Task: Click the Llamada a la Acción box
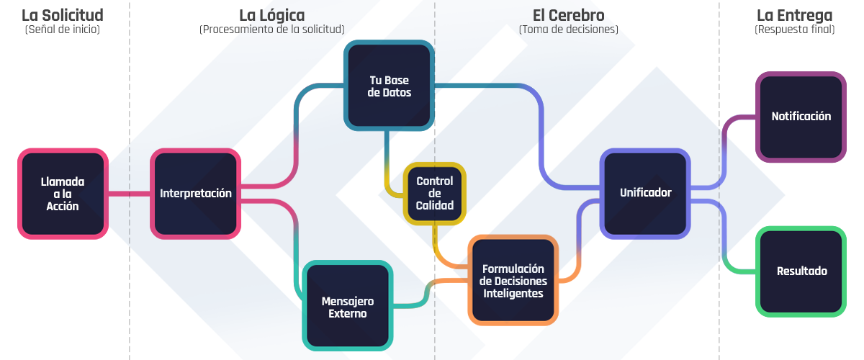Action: coord(63,194)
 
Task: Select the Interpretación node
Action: coord(196,194)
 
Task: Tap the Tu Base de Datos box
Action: coord(390,86)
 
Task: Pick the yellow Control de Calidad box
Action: coord(435,193)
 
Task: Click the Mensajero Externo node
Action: coord(348,307)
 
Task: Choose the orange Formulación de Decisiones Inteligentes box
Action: coord(513,280)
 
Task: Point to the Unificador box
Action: coord(645,193)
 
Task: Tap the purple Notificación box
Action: coord(801,117)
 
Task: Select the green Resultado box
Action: coord(801,271)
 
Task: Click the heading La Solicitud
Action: coord(63,15)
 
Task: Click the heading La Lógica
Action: coord(271,15)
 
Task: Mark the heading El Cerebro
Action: coord(569,15)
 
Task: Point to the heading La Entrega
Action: coord(795,15)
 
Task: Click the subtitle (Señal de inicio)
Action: coord(63,30)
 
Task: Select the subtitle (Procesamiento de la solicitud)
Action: coord(271,30)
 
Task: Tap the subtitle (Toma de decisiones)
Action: coord(569,30)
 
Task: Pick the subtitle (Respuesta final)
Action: coord(795,30)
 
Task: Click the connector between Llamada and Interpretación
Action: coord(130,194)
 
